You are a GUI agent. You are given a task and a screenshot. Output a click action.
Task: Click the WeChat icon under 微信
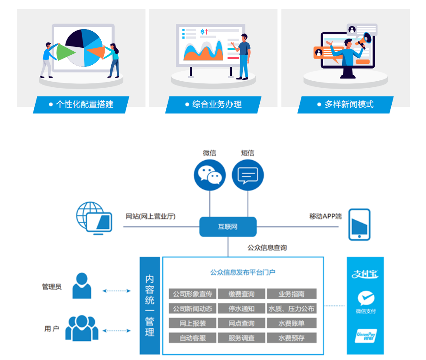[210, 175]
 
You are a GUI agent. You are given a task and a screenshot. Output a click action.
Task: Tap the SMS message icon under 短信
[248, 175]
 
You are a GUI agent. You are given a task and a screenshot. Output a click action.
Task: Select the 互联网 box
[228, 227]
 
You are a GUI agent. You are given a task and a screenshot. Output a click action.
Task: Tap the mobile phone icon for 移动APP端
[360, 224]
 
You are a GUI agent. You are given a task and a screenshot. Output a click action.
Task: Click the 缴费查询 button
[241, 294]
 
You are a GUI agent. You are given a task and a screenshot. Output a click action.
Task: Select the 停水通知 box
[241, 309]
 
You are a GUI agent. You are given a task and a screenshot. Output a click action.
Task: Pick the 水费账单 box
[291, 324]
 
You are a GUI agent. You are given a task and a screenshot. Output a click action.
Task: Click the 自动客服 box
[192, 338]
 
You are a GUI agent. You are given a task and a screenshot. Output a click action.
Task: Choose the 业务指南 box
[291, 294]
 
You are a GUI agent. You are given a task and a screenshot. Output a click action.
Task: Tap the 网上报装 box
[192, 324]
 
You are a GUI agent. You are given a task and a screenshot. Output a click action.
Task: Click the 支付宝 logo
[365, 274]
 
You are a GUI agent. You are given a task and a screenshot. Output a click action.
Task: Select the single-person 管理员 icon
[82, 286]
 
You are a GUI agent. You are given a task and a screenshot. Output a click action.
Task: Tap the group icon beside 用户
[82, 328]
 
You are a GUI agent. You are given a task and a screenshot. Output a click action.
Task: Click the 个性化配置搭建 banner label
[81, 105]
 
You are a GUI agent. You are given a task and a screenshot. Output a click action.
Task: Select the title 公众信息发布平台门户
[243, 272]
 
